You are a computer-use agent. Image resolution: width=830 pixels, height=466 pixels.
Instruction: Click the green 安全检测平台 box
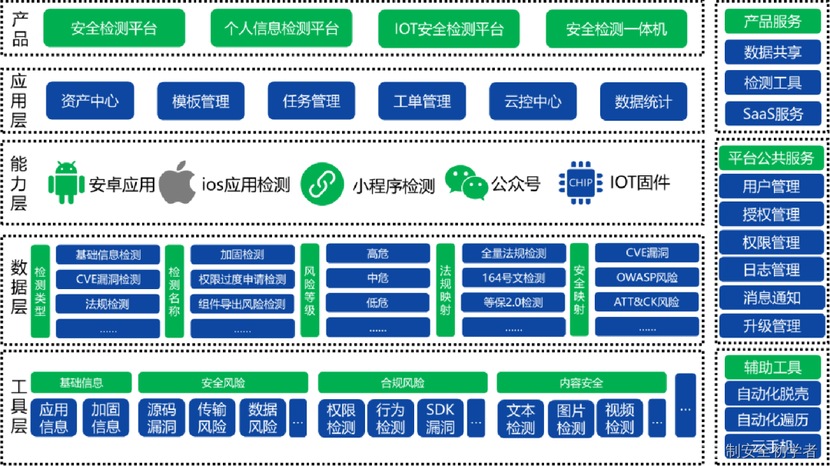click(x=114, y=29)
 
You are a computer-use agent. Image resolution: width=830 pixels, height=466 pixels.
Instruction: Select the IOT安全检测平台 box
click(x=449, y=29)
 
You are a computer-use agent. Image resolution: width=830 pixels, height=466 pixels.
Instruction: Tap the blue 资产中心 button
click(x=90, y=101)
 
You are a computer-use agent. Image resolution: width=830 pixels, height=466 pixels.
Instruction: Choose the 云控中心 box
click(x=533, y=102)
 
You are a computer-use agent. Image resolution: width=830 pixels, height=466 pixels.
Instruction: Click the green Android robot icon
click(x=66, y=183)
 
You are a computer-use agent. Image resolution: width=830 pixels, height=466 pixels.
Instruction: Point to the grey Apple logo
click(x=177, y=182)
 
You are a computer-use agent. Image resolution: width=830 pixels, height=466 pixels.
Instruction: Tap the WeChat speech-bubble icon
click(x=466, y=183)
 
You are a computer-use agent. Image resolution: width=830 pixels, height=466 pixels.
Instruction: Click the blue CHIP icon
click(x=580, y=183)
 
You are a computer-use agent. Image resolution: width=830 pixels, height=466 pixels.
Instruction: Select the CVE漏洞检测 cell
click(x=108, y=279)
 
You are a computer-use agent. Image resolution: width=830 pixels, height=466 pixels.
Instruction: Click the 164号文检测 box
click(x=513, y=278)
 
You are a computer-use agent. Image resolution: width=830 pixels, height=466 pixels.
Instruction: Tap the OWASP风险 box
click(x=647, y=277)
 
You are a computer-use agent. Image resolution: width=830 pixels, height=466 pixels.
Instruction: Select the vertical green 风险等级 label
click(x=310, y=291)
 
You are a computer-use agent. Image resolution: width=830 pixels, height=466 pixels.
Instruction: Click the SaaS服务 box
click(x=772, y=114)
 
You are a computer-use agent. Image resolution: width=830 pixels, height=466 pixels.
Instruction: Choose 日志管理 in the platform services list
click(x=771, y=270)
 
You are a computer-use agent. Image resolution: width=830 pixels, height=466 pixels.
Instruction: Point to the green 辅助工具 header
click(x=772, y=368)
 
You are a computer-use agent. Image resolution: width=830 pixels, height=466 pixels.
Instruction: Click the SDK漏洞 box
click(x=440, y=418)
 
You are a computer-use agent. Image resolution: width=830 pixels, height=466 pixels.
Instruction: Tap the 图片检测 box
click(x=570, y=419)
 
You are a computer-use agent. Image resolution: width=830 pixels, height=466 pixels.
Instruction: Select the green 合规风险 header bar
click(x=402, y=382)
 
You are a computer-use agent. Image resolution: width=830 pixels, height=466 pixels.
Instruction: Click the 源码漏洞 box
click(x=161, y=418)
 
